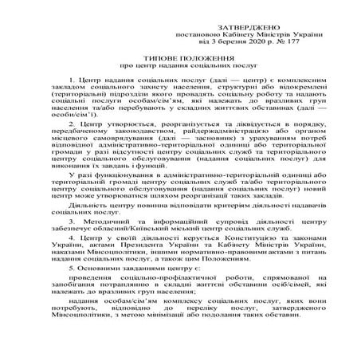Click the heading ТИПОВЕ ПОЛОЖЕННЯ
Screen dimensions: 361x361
(x=180, y=57)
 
